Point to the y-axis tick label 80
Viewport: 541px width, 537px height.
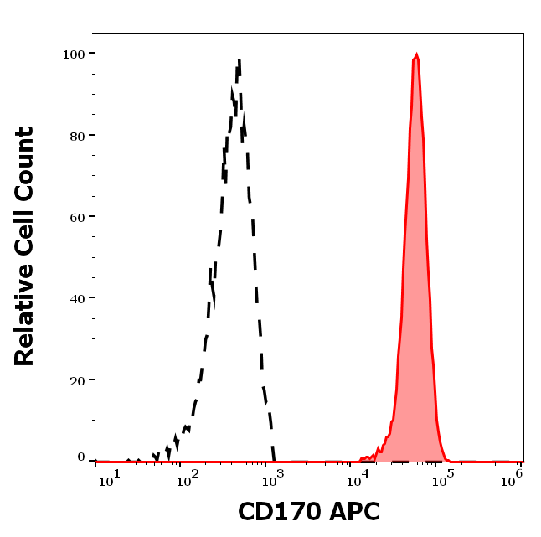pos(76,135)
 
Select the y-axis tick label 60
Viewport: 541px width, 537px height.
pos(76,217)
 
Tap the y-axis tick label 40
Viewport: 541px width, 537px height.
pos(76,298)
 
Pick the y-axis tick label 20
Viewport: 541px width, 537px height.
pos(76,380)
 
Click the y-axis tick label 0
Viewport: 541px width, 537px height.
pos(81,457)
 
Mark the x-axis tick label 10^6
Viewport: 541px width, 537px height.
pos(513,476)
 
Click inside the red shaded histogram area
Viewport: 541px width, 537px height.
pos(416,293)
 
